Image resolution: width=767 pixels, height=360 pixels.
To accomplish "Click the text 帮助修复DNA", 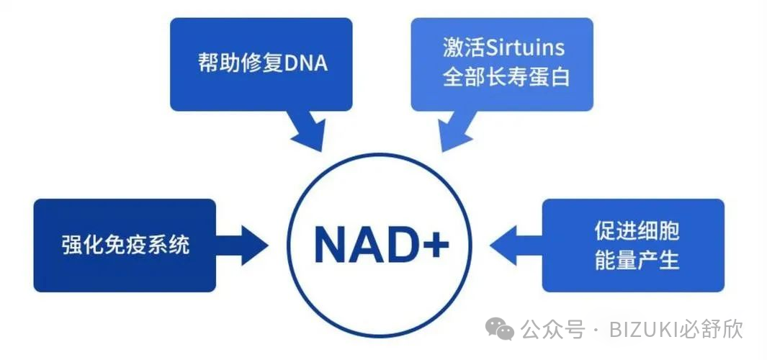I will coord(262,63).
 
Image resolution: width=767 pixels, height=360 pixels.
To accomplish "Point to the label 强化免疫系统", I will coord(125,245).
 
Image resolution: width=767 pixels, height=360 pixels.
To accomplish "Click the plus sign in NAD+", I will coord(434,246).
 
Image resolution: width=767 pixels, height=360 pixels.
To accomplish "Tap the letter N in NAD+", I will coord(332,246).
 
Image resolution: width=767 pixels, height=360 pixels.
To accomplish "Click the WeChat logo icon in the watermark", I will coord(500,329).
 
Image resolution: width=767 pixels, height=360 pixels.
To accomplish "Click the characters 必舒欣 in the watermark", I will coord(713,330).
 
